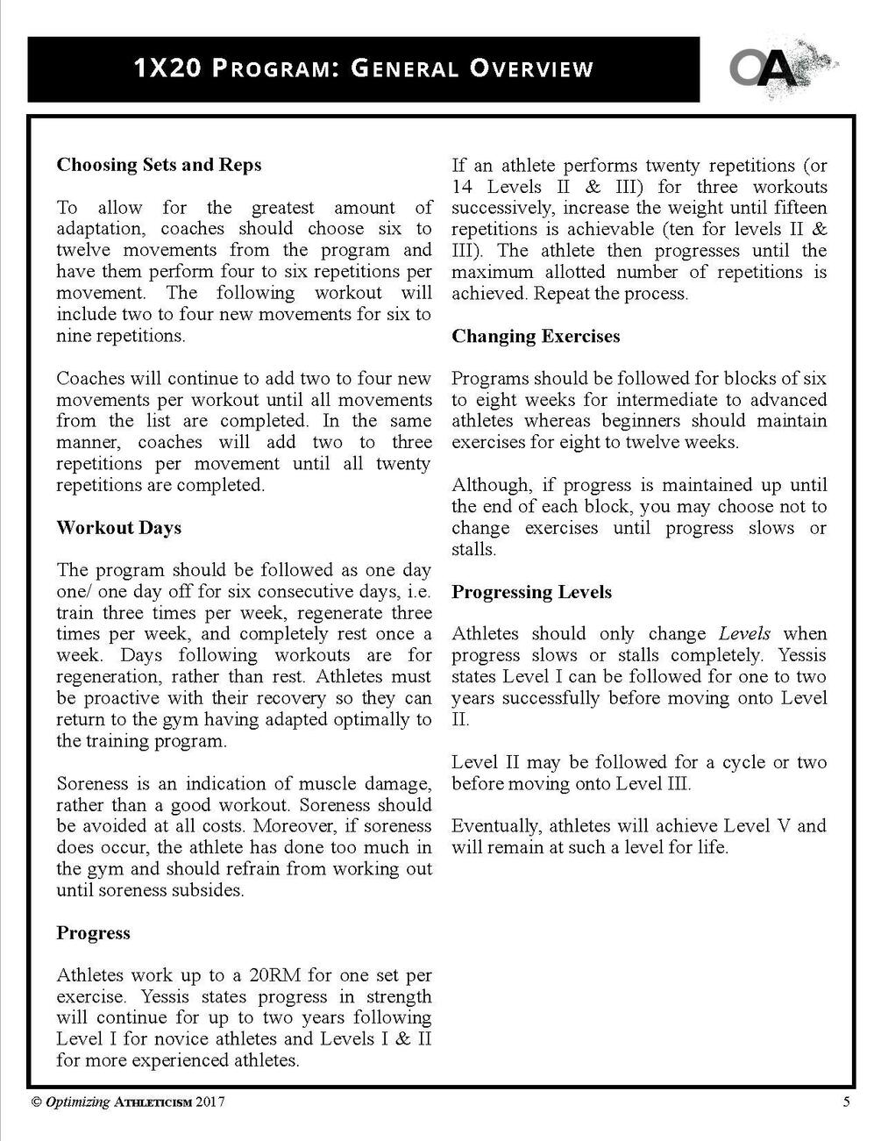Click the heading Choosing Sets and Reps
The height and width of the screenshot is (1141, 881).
(x=159, y=165)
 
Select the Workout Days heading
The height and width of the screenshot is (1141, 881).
(x=118, y=528)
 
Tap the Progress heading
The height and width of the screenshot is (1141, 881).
(x=93, y=933)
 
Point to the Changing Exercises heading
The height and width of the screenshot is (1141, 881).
(x=536, y=336)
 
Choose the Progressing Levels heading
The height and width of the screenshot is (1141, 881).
(x=531, y=592)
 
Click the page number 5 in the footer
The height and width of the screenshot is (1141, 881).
(x=846, y=1103)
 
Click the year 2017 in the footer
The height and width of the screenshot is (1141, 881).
(x=210, y=1103)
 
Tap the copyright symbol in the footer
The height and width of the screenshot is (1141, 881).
(x=36, y=1103)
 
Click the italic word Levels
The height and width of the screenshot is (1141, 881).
(x=744, y=634)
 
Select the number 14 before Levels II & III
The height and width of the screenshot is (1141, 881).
(x=462, y=187)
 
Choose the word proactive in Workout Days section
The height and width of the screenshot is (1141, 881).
(x=124, y=698)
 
